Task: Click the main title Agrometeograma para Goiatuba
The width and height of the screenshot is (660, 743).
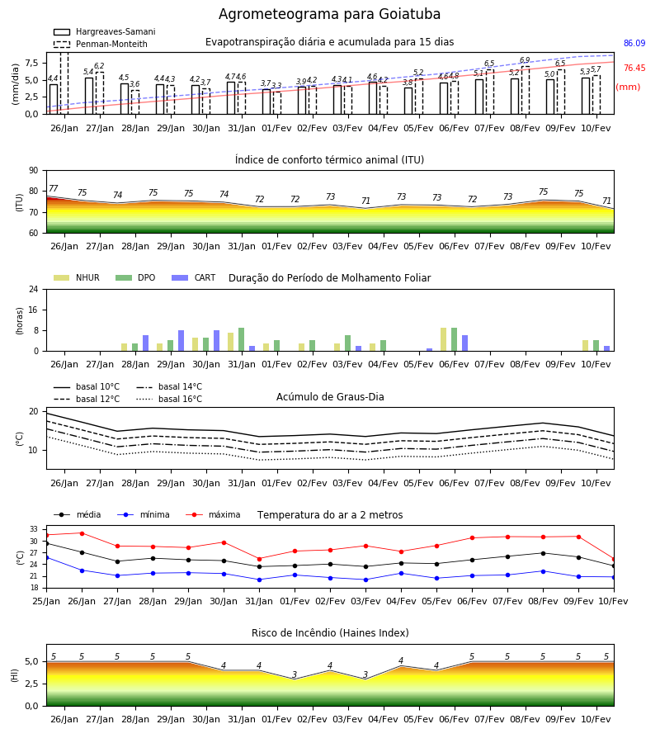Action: click(329, 14)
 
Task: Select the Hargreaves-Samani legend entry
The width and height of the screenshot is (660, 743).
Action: click(105, 31)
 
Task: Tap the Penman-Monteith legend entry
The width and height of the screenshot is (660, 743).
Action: click(101, 44)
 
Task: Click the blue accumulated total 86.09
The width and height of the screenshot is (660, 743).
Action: click(634, 43)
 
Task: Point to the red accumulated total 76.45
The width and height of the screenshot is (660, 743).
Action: click(634, 68)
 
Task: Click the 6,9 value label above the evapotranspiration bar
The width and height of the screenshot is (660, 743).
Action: click(525, 60)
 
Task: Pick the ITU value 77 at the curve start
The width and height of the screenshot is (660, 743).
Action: click(53, 188)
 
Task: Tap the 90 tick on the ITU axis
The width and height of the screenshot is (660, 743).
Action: click(34, 171)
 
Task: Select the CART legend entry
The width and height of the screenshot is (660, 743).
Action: click(194, 277)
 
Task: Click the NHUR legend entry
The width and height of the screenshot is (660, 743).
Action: click(77, 277)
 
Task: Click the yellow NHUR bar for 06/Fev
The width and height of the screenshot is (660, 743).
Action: click(443, 339)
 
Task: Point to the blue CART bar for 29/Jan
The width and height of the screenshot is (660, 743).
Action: click(181, 341)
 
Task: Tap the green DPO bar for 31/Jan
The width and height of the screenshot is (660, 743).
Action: click(242, 339)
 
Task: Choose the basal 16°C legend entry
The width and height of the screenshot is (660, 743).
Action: click(169, 399)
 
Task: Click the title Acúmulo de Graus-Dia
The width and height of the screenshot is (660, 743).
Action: click(330, 397)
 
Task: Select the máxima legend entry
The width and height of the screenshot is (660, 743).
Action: click(214, 514)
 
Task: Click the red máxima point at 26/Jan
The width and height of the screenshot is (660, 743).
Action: click(82, 533)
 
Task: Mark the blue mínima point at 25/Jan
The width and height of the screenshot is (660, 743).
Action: click(47, 558)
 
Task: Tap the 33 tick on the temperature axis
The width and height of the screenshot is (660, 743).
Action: click(34, 529)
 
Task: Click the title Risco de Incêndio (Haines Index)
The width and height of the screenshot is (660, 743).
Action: click(330, 633)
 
